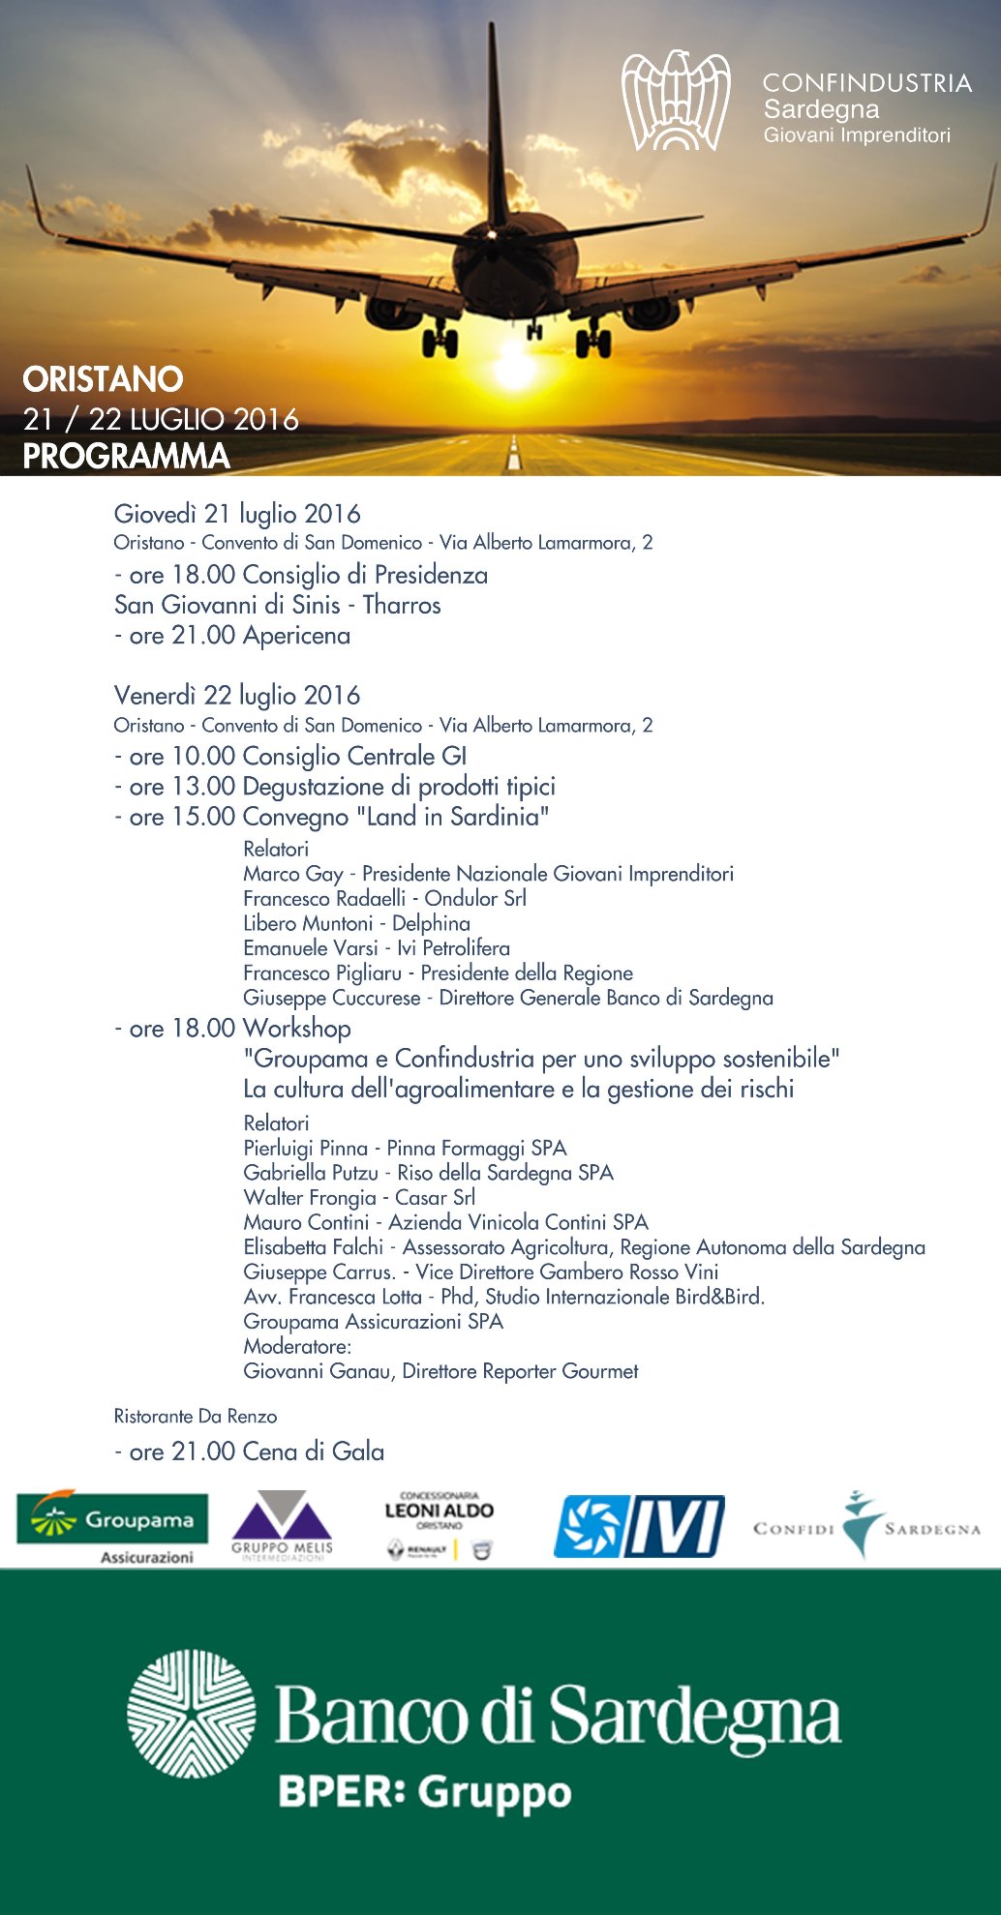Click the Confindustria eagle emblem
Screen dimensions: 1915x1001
click(675, 101)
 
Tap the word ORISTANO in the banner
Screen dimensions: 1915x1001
click(103, 379)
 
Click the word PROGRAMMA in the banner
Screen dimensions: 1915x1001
click(126, 456)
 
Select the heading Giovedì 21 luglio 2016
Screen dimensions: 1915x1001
click(237, 514)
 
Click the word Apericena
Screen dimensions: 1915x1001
click(297, 636)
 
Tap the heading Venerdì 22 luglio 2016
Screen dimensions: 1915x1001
click(237, 696)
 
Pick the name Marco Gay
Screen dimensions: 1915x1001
click(293, 874)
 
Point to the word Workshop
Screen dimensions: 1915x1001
click(297, 1029)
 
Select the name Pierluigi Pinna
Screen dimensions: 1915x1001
click(306, 1149)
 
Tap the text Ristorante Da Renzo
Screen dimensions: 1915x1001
click(196, 1417)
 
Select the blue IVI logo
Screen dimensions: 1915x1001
click(639, 1526)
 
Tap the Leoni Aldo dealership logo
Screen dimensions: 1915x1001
click(440, 1524)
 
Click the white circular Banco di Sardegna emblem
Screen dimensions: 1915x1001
click(192, 1715)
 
